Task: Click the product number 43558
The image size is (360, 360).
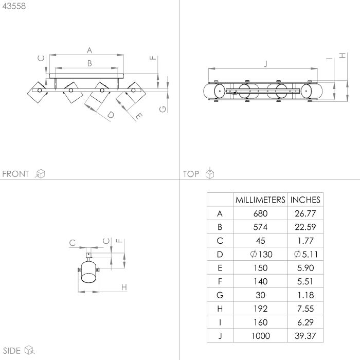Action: point(14,6)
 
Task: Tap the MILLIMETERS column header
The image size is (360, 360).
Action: point(260,200)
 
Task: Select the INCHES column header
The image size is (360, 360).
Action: point(305,200)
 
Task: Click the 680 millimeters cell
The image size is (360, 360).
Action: point(260,213)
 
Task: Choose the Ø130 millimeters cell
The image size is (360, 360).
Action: point(260,254)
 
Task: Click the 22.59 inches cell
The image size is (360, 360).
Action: point(305,227)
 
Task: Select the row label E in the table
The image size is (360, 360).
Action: point(220,267)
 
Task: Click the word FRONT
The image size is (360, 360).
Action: point(16,174)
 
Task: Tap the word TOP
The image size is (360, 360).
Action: point(191,174)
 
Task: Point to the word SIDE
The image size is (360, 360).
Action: point(11,351)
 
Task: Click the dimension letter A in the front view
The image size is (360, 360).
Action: point(89,50)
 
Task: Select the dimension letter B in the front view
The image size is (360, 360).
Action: point(89,63)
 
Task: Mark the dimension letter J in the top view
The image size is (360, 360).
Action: point(265,64)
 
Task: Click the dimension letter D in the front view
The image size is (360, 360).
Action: point(111,115)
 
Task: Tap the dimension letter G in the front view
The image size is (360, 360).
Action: point(163,109)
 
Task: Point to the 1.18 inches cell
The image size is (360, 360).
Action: point(305,294)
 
